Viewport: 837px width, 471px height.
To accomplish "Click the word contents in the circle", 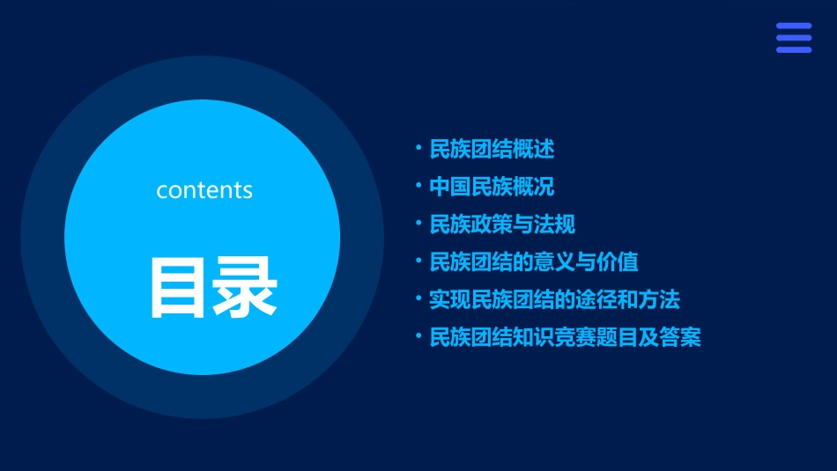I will point(204,189).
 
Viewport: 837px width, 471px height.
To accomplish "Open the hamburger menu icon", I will point(793,38).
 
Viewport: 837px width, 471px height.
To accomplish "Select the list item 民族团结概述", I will point(492,149).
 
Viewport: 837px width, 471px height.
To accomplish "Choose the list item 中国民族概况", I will point(492,187).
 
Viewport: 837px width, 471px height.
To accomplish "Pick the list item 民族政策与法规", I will point(502,224).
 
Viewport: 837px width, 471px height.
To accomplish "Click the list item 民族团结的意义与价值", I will point(534,261).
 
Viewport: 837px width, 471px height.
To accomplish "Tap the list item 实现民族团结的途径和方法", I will point(554,299).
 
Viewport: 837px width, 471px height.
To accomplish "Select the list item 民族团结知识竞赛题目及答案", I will point(565,337).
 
